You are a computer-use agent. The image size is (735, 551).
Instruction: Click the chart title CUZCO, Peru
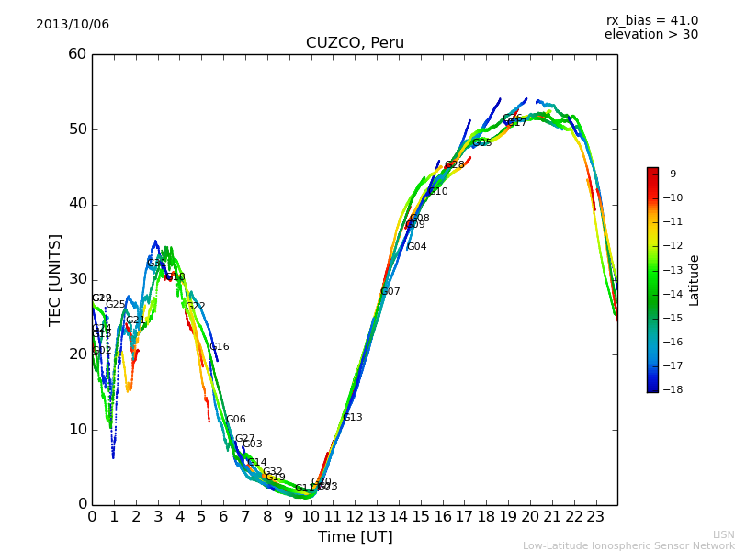coord(355,43)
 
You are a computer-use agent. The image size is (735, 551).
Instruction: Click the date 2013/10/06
coord(73,25)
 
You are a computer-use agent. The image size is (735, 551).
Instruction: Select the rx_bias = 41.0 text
coord(651,21)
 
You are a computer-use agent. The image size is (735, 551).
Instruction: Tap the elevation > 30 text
coord(650,35)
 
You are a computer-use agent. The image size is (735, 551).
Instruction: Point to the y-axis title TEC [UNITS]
coord(55,279)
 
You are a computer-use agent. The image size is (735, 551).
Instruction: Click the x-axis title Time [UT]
coord(355,537)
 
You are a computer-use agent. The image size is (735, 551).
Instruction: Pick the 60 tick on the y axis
coord(77,54)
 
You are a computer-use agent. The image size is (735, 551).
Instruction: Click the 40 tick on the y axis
coord(77,204)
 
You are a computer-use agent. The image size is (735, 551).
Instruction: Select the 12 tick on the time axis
coord(355,517)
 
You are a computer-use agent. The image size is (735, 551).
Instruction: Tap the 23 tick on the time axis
coord(595,517)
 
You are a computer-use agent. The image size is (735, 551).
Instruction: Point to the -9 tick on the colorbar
coord(670,174)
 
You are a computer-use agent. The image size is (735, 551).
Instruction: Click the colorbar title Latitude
coord(695,279)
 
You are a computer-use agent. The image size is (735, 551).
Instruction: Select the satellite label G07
coord(390,292)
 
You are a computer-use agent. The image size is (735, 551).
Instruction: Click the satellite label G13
coord(353,418)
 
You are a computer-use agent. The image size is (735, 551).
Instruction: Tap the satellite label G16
coord(220,347)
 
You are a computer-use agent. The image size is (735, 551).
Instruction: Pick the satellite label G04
coord(416,247)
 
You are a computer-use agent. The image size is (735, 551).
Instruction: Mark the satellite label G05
coord(482,143)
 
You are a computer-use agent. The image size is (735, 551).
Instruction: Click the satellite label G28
coord(455,165)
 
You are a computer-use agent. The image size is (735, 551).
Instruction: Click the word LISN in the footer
coord(723,534)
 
